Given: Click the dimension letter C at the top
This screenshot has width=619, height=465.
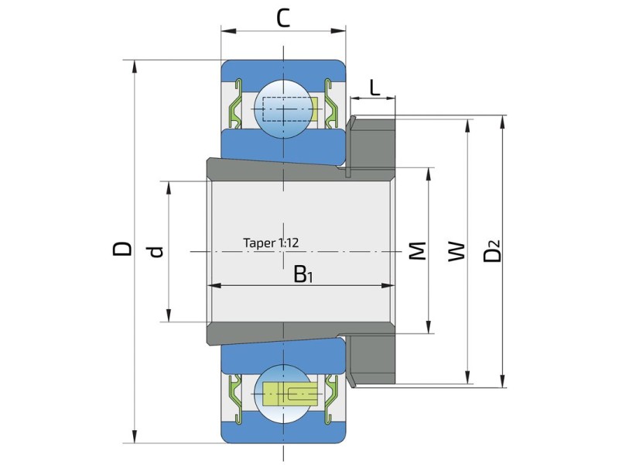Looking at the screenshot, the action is [282, 18].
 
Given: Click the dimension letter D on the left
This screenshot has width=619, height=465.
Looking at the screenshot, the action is [122, 248].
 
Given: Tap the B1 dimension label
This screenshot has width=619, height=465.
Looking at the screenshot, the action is [303, 274].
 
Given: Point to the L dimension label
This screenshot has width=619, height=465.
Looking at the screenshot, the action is [374, 88].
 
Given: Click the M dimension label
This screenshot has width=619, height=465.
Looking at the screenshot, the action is [417, 250].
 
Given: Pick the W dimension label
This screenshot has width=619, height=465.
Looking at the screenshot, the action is [457, 250].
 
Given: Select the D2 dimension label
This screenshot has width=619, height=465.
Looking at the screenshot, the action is [492, 250].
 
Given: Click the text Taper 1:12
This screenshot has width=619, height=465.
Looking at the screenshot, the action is [271, 243].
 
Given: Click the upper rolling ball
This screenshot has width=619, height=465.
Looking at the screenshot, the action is [283, 108].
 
